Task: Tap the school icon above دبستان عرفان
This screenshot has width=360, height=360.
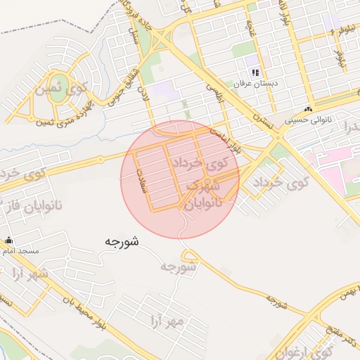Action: (256, 72)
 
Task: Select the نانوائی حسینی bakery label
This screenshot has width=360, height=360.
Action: (307, 120)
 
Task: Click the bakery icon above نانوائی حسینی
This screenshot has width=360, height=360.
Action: (307, 110)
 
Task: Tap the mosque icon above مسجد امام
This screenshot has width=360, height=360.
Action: (8, 240)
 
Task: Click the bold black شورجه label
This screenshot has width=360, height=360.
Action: (122, 241)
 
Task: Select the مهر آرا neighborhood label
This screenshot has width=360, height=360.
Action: (166, 321)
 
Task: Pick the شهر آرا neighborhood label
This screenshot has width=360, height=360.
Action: (32, 274)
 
